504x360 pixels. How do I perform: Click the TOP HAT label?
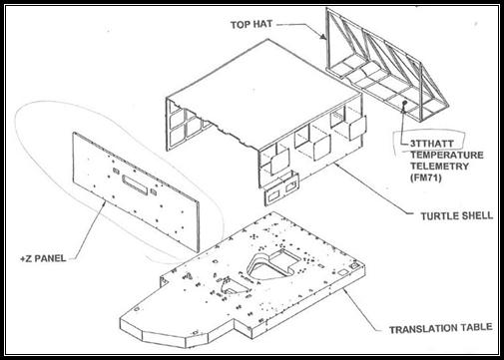coord(252,24)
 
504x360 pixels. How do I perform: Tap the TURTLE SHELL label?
coord(457,216)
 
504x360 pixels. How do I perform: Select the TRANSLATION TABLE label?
coord(441,329)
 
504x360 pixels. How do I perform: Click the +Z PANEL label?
coord(43,258)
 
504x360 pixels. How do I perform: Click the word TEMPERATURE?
coord(447,156)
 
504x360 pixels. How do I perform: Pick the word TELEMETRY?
coord(439,167)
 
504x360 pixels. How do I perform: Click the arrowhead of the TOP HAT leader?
coord(323,36)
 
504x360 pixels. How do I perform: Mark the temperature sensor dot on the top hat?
coord(405,103)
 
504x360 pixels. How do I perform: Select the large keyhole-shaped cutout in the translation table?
coord(273,263)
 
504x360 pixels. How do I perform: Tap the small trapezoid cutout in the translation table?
coord(237,286)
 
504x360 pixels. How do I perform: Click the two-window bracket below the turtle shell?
coord(281,188)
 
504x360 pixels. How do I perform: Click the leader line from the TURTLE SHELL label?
coord(374,187)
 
